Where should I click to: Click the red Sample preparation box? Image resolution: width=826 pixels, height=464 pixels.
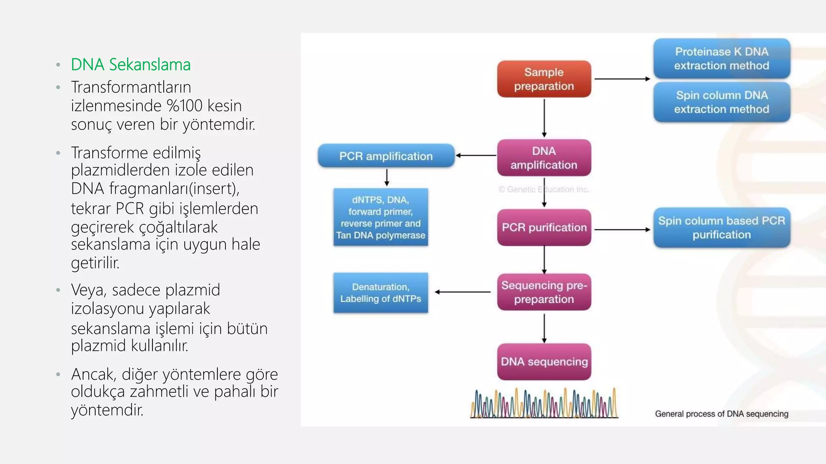point(544,79)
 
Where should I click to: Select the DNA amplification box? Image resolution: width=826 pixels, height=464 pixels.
point(544,157)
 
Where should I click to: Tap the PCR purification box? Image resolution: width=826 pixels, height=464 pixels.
point(544,227)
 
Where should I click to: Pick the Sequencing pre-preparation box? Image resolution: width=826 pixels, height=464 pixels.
point(544,292)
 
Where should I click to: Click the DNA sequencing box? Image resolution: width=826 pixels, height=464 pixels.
point(544,361)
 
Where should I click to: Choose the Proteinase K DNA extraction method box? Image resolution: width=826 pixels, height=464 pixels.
point(721,58)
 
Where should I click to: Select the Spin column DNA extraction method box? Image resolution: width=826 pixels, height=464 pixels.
point(721,102)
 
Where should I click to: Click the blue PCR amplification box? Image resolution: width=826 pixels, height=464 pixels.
point(386,156)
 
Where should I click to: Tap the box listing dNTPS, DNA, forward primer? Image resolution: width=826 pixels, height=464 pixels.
point(380,217)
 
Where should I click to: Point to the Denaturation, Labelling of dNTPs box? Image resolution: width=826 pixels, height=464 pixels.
point(380,293)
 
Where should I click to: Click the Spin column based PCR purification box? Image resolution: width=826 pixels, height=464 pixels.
point(721,228)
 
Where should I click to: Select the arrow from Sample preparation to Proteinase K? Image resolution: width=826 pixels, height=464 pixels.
point(622,79)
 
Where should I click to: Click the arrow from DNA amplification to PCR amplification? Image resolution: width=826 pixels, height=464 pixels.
point(476,155)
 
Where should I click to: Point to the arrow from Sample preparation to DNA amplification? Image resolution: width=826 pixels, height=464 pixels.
point(544,118)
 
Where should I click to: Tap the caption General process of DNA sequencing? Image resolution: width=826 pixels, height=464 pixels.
point(721,414)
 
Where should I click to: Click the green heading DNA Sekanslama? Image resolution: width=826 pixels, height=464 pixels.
point(131,64)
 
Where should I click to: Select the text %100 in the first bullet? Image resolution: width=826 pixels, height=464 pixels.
point(184,106)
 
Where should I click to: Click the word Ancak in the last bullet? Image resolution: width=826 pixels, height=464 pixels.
point(92,374)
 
